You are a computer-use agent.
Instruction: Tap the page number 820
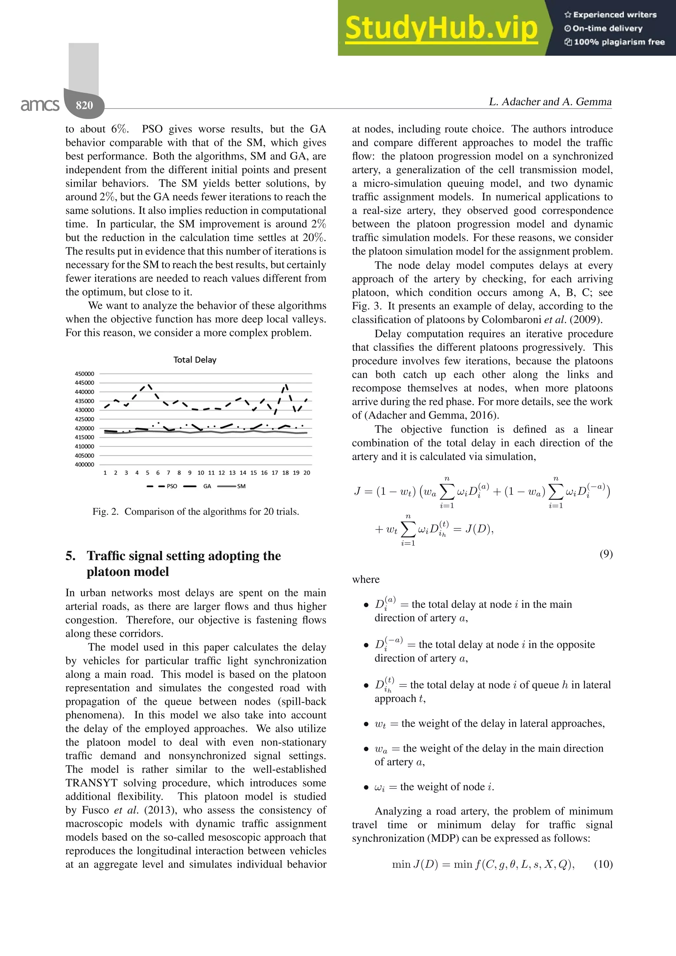(x=84, y=105)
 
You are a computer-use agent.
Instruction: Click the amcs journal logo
(x=40, y=105)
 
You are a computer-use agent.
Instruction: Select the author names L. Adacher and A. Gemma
(x=550, y=102)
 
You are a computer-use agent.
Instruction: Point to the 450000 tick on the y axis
(x=84, y=374)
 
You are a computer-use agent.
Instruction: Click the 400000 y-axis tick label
(x=84, y=464)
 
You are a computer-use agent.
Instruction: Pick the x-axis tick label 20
(x=307, y=473)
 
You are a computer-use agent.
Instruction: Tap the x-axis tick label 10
(x=201, y=473)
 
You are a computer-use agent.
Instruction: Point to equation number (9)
(x=606, y=554)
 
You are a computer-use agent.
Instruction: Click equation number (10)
(x=603, y=864)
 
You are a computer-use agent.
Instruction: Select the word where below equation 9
(x=366, y=579)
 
